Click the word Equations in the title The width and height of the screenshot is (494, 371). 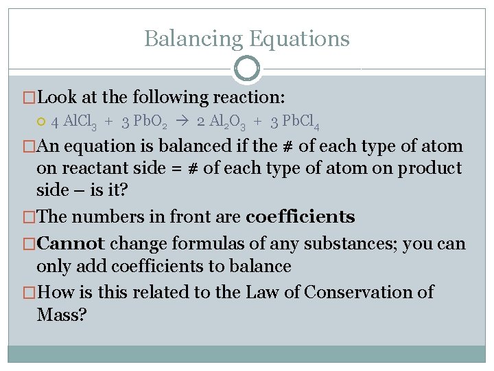[299, 38]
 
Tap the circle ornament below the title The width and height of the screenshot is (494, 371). [246, 69]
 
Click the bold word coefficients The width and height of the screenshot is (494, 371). [300, 217]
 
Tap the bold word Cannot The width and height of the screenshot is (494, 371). [71, 243]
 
